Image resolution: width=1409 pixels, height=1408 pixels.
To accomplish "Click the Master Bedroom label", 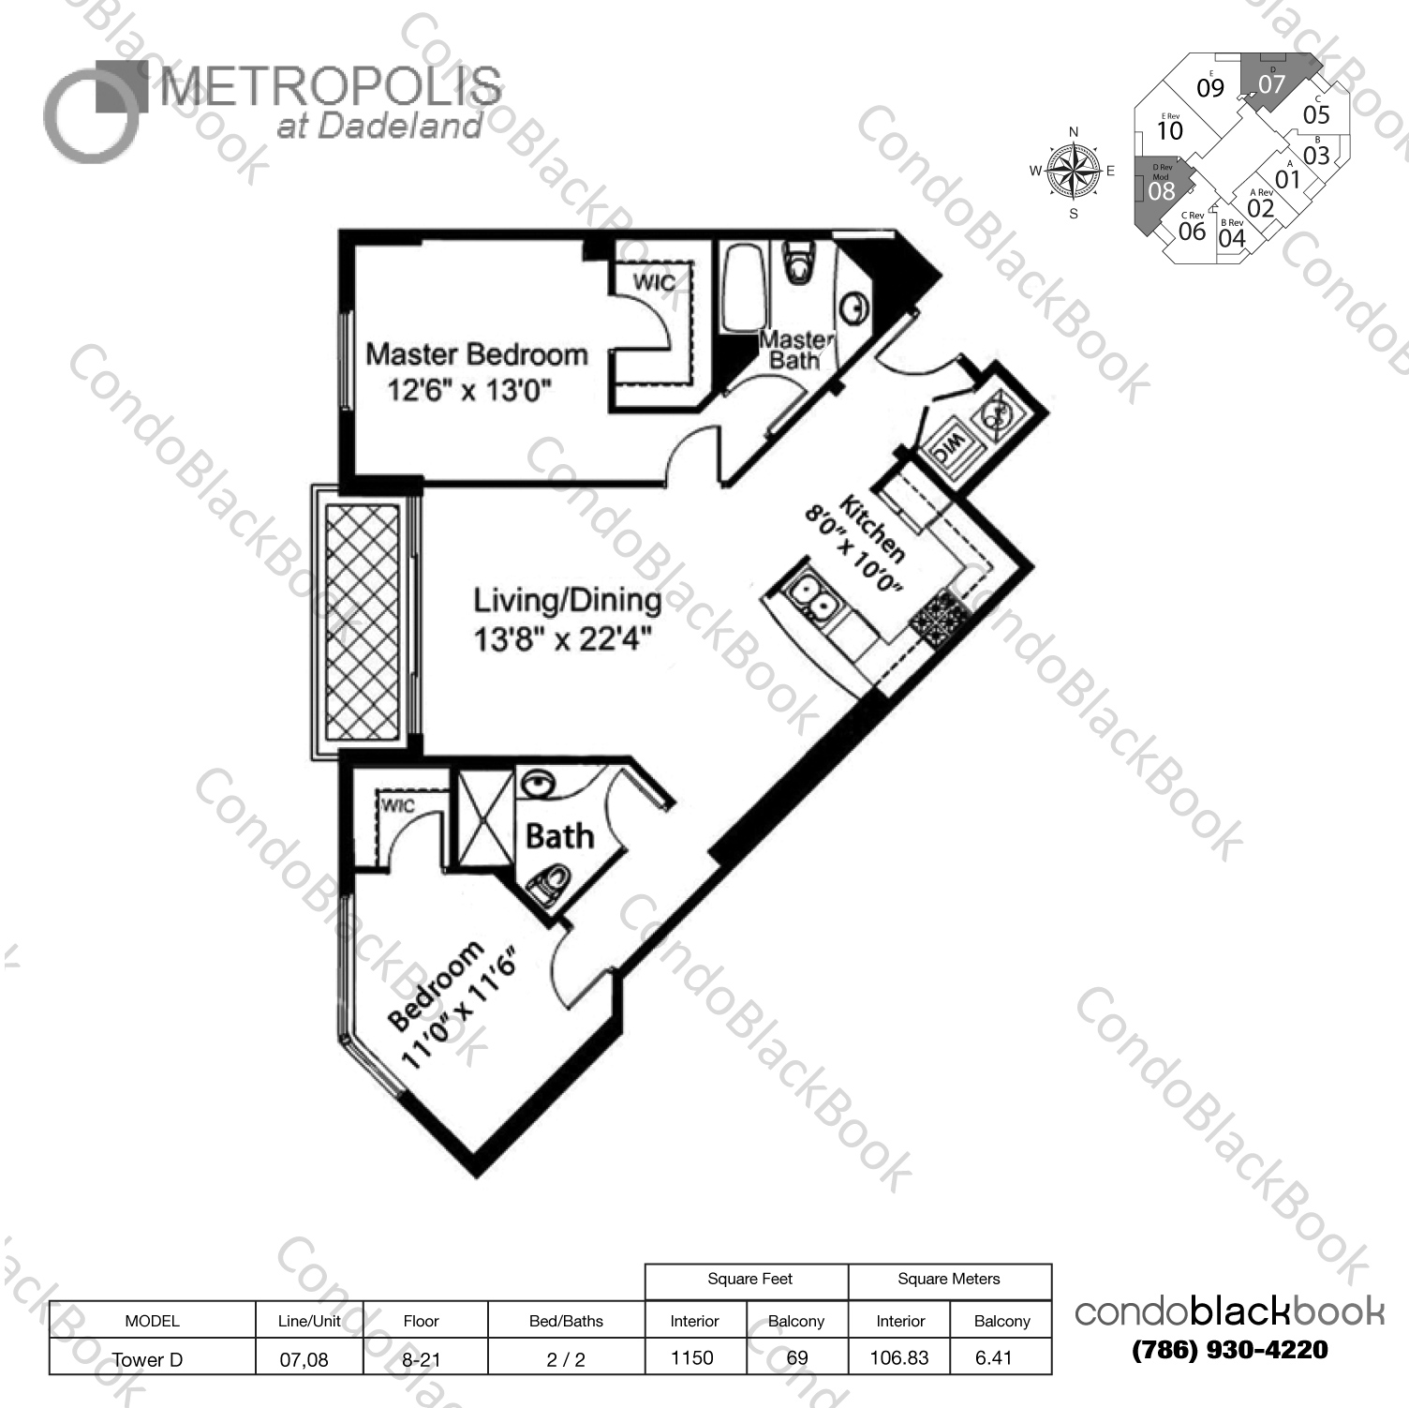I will click(476, 354).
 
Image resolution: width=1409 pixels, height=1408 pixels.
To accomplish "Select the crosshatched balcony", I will click(362, 621).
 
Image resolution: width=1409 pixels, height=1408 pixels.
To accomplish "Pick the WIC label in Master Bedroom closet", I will click(654, 282).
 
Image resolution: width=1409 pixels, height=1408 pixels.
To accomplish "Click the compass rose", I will click(1074, 172).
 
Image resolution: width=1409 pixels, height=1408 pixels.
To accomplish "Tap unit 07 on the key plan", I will click(1271, 83).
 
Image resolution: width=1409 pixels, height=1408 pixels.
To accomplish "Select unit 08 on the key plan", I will click(1161, 191).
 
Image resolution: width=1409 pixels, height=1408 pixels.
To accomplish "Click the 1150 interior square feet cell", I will click(692, 1357).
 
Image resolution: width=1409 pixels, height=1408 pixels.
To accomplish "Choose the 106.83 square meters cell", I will click(898, 1357).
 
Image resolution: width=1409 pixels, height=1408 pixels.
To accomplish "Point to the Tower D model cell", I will click(148, 1359).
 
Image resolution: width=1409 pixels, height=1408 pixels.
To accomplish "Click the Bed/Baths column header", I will click(565, 1321).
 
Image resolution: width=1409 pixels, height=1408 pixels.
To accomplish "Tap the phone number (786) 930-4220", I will click(1229, 1350).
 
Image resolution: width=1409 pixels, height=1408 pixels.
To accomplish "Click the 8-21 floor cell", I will click(421, 1359).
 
